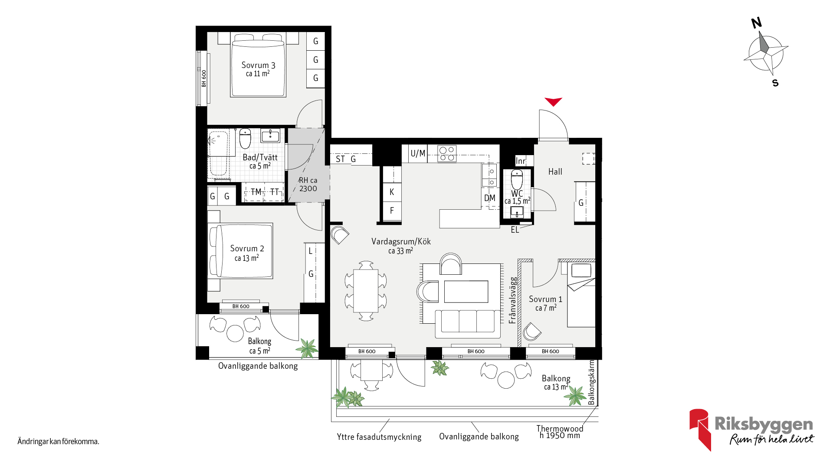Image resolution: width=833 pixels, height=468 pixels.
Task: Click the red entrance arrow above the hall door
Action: click(553, 101)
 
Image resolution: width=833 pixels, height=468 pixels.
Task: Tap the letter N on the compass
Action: click(757, 23)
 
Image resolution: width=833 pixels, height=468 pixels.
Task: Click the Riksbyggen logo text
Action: click(764, 424)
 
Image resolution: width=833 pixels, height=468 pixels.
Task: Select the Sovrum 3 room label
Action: click(258, 65)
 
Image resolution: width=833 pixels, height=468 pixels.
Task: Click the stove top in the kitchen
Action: click(447, 153)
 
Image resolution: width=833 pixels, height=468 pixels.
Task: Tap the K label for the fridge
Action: click(392, 192)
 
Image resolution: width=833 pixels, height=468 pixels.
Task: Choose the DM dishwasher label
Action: click(490, 198)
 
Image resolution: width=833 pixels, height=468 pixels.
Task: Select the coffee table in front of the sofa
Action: click(466, 291)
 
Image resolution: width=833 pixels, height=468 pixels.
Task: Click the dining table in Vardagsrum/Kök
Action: click(366, 291)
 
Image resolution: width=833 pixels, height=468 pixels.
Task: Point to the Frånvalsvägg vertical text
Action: click(513, 300)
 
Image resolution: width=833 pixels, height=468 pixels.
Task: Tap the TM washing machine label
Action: click(256, 192)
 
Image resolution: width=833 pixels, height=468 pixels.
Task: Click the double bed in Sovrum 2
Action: click(241, 251)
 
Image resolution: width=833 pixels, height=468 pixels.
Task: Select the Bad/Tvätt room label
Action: click(260, 157)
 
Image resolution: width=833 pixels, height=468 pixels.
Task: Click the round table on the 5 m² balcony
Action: click(235, 333)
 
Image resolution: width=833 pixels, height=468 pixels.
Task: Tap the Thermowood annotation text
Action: click(560, 429)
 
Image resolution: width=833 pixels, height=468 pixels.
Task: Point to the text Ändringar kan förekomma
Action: click(58, 442)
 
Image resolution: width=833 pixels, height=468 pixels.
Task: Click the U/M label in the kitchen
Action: click(418, 153)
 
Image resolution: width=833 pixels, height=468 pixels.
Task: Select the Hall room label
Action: click(555, 172)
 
